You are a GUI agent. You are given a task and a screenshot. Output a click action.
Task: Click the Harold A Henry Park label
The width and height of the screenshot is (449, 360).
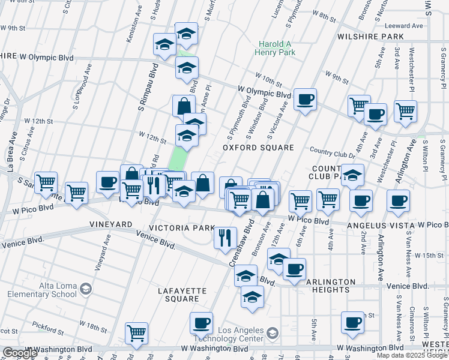tap(277, 48)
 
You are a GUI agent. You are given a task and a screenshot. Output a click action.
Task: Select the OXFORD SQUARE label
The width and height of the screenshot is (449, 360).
tap(258, 148)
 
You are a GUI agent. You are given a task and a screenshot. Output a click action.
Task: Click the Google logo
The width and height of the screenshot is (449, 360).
tap(20, 353)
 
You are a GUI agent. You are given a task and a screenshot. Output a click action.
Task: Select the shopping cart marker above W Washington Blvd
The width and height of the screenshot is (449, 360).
tap(136, 333)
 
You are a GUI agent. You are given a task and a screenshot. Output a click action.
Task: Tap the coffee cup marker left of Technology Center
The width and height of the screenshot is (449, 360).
tap(201, 323)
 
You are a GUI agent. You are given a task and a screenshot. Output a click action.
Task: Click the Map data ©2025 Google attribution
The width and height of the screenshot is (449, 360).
tap(411, 355)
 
